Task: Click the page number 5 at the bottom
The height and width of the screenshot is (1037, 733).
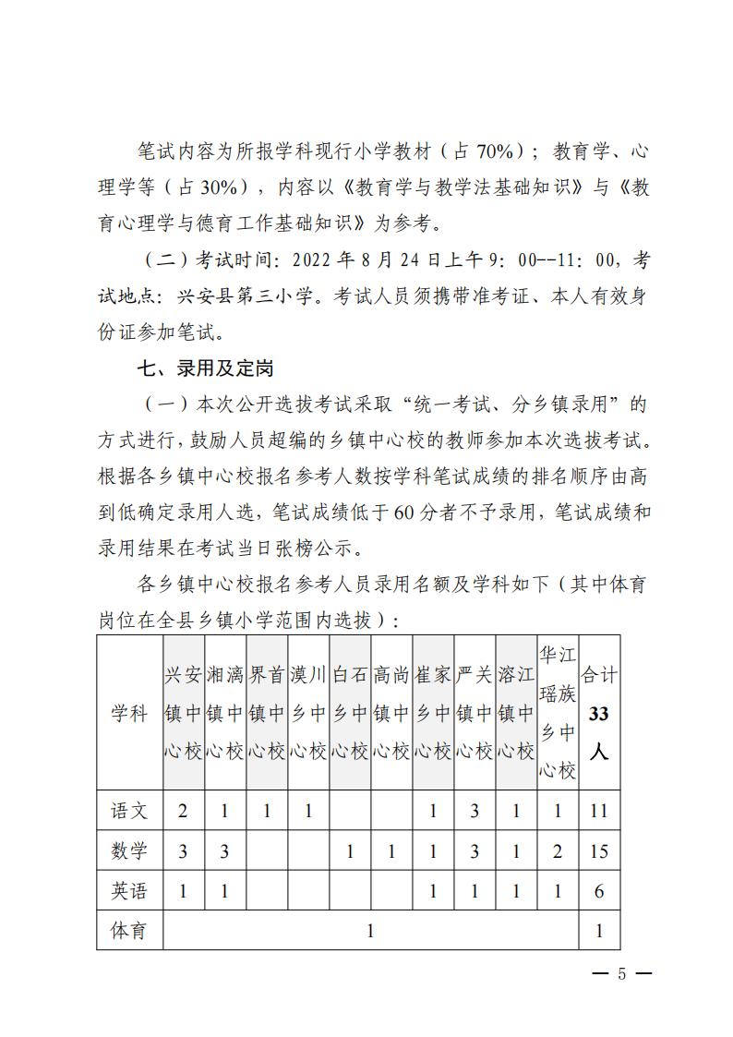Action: (621, 975)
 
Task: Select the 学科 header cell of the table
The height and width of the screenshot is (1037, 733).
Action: (129, 713)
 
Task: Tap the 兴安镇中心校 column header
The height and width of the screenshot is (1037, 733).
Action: (183, 713)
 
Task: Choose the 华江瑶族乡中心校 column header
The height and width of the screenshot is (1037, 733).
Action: (558, 713)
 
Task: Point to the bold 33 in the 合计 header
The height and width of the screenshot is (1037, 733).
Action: (599, 714)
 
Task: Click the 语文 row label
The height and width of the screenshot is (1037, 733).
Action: (129, 812)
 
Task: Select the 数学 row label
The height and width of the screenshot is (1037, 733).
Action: (129, 851)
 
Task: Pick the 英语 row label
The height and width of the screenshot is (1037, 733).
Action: (129, 891)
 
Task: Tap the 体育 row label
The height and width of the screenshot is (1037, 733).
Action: (129, 931)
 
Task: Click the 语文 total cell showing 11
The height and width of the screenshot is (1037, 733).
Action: (599, 812)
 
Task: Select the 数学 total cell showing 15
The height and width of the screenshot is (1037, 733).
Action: (599, 851)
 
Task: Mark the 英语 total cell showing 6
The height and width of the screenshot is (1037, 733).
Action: (599, 891)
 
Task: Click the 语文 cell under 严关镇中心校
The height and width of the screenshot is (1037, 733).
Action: (475, 812)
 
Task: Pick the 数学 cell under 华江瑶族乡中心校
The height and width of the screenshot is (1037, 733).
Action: (558, 851)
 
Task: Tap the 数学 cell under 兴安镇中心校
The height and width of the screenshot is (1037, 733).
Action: (183, 851)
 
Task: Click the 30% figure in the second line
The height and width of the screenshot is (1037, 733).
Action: (222, 187)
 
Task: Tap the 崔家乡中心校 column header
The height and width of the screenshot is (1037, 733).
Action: (433, 713)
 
